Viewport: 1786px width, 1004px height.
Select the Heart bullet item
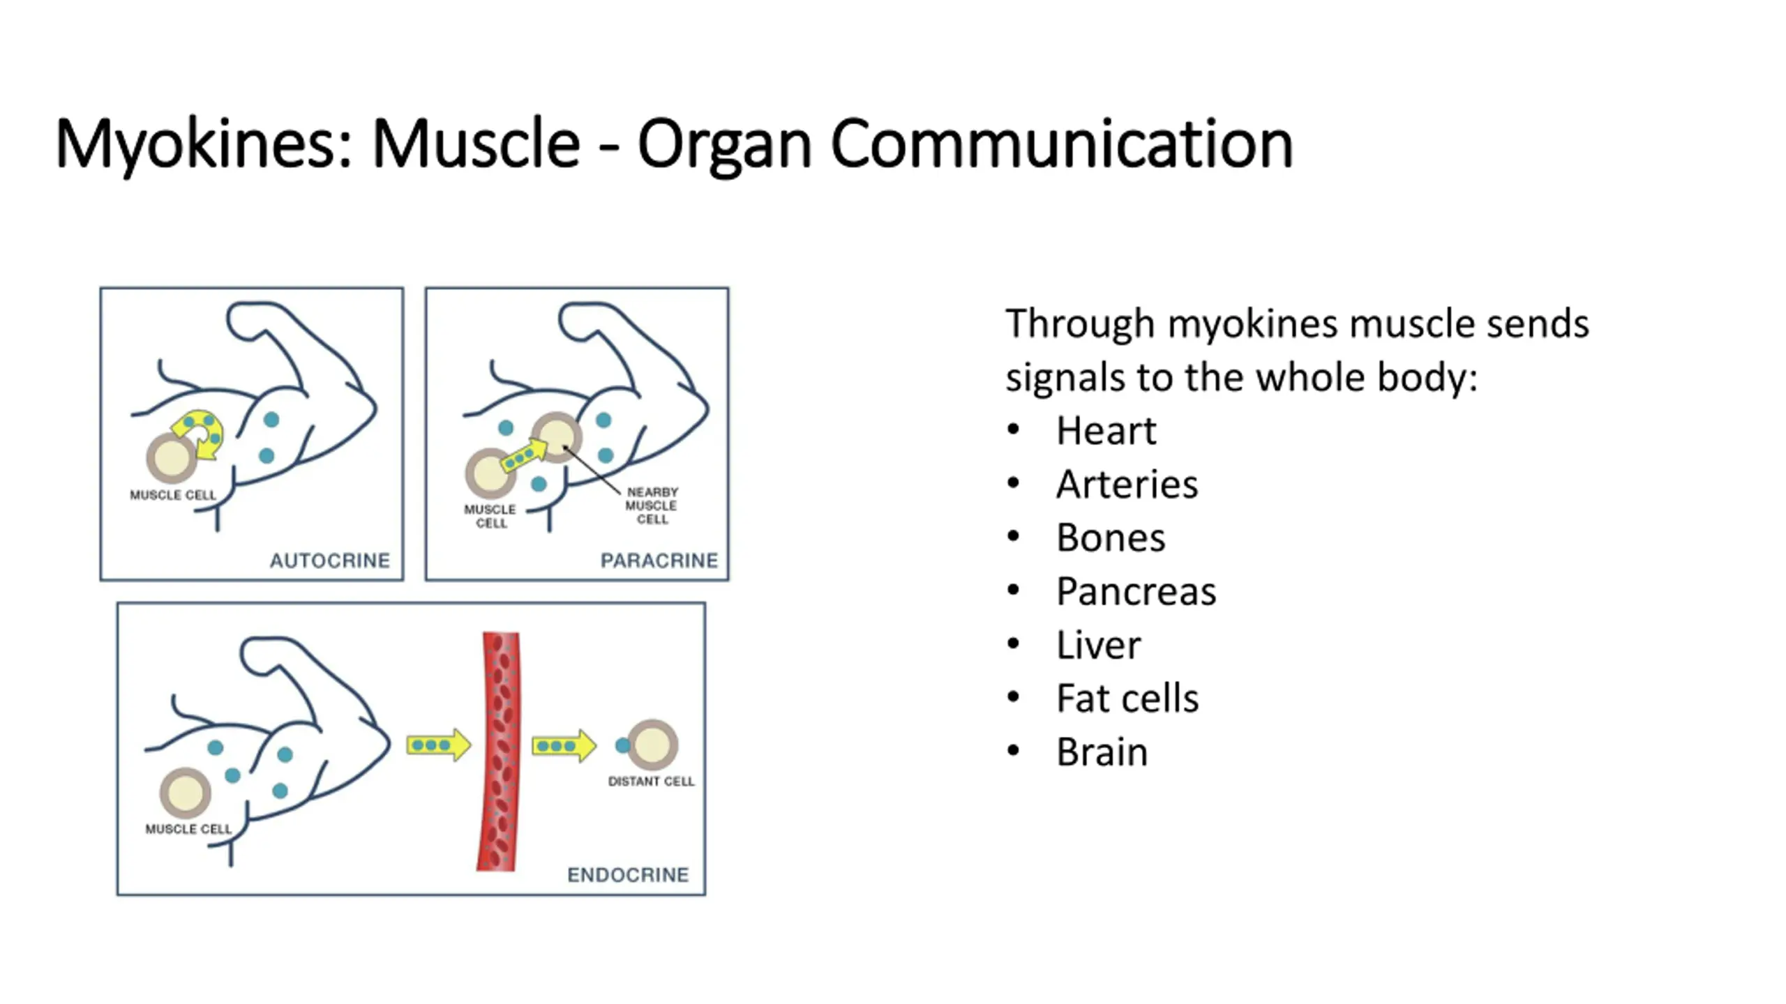pyautogui.click(x=1106, y=431)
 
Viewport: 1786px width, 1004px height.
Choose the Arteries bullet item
pyautogui.click(x=1127, y=485)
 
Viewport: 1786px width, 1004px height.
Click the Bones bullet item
pyautogui.click(x=1111, y=538)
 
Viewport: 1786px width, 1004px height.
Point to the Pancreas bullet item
pyautogui.click(x=1136, y=592)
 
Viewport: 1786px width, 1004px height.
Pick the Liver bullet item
pyautogui.click(x=1099, y=646)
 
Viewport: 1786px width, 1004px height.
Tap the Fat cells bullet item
pyautogui.click(x=1127, y=699)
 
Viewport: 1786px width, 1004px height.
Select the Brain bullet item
pyautogui.click(x=1102, y=752)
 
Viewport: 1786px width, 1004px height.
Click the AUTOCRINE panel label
pyautogui.click(x=330, y=561)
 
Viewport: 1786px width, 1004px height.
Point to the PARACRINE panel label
pyautogui.click(x=659, y=561)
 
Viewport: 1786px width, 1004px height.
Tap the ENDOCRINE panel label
pyautogui.click(x=628, y=875)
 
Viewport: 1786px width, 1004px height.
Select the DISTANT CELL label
pyautogui.click(x=651, y=782)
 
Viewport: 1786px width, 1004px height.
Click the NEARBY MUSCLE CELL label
pyautogui.click(x=652, y=505)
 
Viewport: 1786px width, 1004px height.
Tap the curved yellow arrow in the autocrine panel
pyautogui.click(x=201, y=433)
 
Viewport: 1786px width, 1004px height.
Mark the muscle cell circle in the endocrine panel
pyautogui.click(x=186, y=793)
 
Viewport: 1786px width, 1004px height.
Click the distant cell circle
pyautogui.click(x=653, y=744)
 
